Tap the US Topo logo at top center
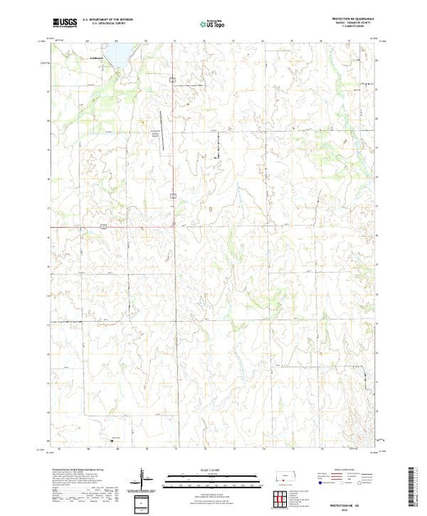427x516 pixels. [212, 24]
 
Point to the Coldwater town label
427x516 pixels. [98, 58]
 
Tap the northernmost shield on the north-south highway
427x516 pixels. [173, 79]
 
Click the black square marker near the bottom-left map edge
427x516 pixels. [111, 441]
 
